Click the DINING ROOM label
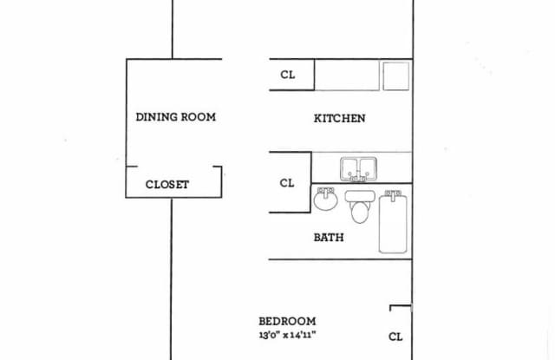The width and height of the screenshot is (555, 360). point(175,116)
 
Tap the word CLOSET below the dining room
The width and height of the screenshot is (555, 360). point(166,184)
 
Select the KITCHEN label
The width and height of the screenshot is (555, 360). point(339,119)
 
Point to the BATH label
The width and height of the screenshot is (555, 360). point(328,237)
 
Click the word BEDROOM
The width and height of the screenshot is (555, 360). point(287,320)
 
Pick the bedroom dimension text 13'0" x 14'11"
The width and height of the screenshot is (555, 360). point(287,334)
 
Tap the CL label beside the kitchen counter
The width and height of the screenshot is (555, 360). point(288,75)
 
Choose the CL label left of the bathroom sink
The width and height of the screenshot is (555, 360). point(288,183)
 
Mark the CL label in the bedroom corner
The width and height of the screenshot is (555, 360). point(395,337)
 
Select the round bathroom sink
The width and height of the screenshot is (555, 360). point(325,201)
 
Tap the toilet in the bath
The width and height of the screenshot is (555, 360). point(357,208)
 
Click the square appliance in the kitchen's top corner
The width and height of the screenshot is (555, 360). point(395,75)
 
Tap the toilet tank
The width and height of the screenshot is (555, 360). point(357,195)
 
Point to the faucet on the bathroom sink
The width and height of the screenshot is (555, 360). point(325,191)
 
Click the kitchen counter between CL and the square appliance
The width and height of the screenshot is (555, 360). point(346,75)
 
